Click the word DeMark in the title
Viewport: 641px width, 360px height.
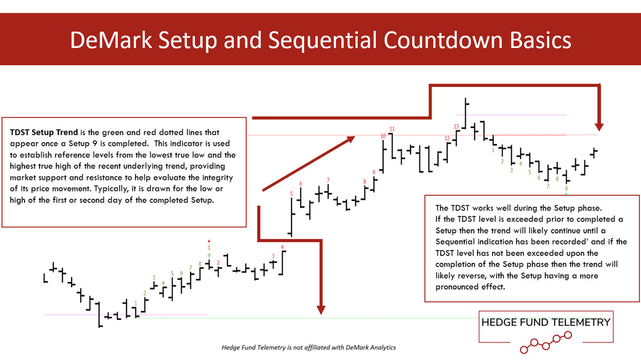tap(111, 41)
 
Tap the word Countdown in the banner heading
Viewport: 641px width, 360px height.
tap(443, 41)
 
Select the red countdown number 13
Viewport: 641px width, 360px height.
tap(456, 127)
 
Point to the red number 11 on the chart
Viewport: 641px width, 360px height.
tap(392, 129)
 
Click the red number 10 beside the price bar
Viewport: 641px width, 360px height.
tap(383, 136)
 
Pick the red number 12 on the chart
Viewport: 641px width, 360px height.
tap(447, 138)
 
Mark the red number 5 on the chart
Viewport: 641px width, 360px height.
tap(291, 194)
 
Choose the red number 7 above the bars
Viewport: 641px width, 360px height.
tap(328, 180)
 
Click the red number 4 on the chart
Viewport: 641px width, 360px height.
tap(282, 247)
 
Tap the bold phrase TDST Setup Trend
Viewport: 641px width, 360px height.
tap(44, 132)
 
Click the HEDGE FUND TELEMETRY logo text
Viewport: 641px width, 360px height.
tap(546, 322)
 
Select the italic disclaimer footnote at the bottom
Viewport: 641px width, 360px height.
tap(309, 347)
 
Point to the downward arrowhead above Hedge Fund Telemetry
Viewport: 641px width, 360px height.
tap(599, 127)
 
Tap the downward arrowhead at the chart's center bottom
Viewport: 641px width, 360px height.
tap(321, 310)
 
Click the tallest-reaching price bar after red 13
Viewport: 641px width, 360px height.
tap(466, 113)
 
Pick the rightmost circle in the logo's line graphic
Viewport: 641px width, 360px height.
tap(568, 335)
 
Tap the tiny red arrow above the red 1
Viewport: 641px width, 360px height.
tap(209, 241)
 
